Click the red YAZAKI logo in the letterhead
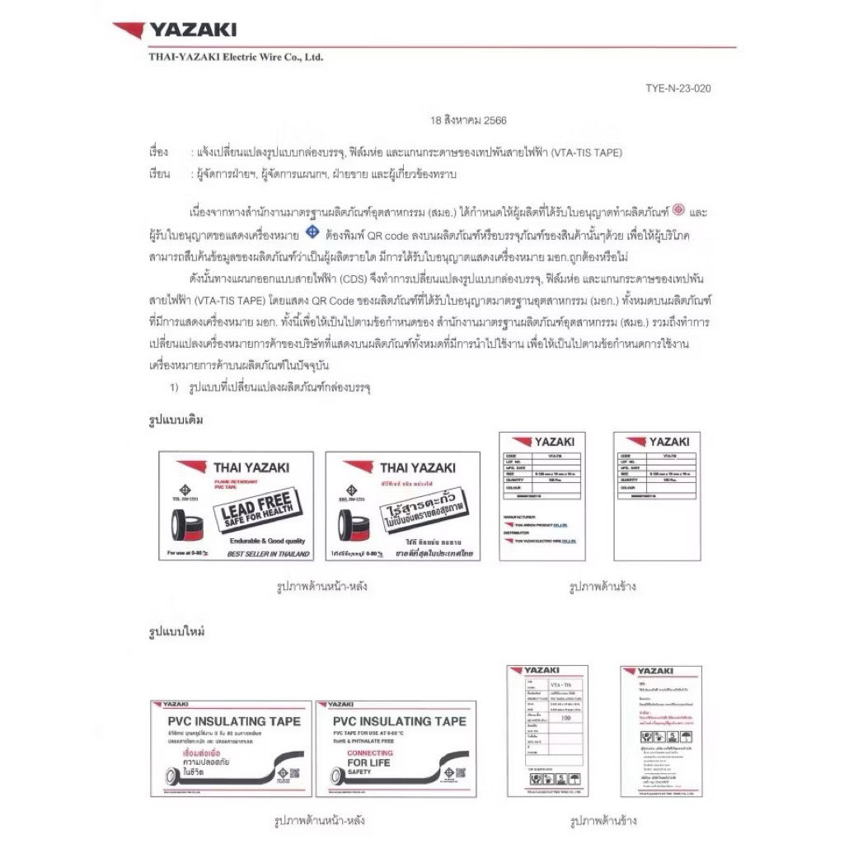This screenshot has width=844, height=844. (175, 30)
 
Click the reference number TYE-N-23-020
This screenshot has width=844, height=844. (678, 88)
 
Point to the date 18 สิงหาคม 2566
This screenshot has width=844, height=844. (468, 120)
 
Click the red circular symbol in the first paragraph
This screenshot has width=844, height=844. (679, 210)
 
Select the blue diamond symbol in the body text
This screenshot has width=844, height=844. (312, 233)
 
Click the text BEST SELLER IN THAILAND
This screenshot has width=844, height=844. (267, 554)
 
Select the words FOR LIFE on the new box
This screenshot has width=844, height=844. (368, 763)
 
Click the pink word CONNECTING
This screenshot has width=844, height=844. (370, 753)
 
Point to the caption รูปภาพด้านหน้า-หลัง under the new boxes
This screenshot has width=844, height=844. (321, 821)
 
